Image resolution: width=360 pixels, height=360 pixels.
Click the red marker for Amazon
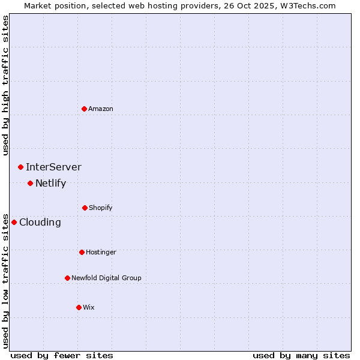pyautogui.click(x=85, y=109)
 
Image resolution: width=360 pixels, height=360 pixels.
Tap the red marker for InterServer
pyautogui.click(x=20, y=167)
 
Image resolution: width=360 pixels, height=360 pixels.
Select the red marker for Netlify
pyautogui.click(x=30, y=183)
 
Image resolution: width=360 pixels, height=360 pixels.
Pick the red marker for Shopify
pyautogui.click(x=85, y=208)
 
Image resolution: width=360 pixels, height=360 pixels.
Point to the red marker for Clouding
pyautogui.click(x=14, y=222)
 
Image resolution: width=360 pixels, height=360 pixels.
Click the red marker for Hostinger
pyautogui.click(x=82, y=252)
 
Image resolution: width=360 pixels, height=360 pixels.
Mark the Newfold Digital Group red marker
pyautogui.click(x=67, y=278)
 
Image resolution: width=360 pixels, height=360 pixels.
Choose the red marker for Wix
pyautogui.click(x=79, y=307)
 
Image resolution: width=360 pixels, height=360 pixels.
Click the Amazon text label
pyautogui.click(x=101, y=109)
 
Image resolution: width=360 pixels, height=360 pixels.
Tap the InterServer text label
pyautogui.click(x=53, y=167)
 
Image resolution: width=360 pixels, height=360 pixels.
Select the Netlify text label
pyautogui.click(x=50, y=183)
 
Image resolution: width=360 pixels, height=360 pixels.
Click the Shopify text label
pyautogui.click(x=101, y=208)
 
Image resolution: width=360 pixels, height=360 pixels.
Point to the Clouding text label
pyautogui.click(x=40, y=222)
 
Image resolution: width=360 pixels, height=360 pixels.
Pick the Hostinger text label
pyautogui.click(x=101, y=252)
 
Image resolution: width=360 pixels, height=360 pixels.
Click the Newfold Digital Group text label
pyautogui.click(x=106, y=278)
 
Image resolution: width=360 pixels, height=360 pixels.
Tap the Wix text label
pyautogui.click(x=89, y=307)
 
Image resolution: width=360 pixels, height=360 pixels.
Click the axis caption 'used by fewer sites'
pyautogui.click(x=62, y=355)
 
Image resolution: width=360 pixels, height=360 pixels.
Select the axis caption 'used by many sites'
pyautogui.click(x=301, y=355)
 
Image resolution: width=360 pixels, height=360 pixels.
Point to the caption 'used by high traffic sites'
pyautogui.click(x=5, y=85)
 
